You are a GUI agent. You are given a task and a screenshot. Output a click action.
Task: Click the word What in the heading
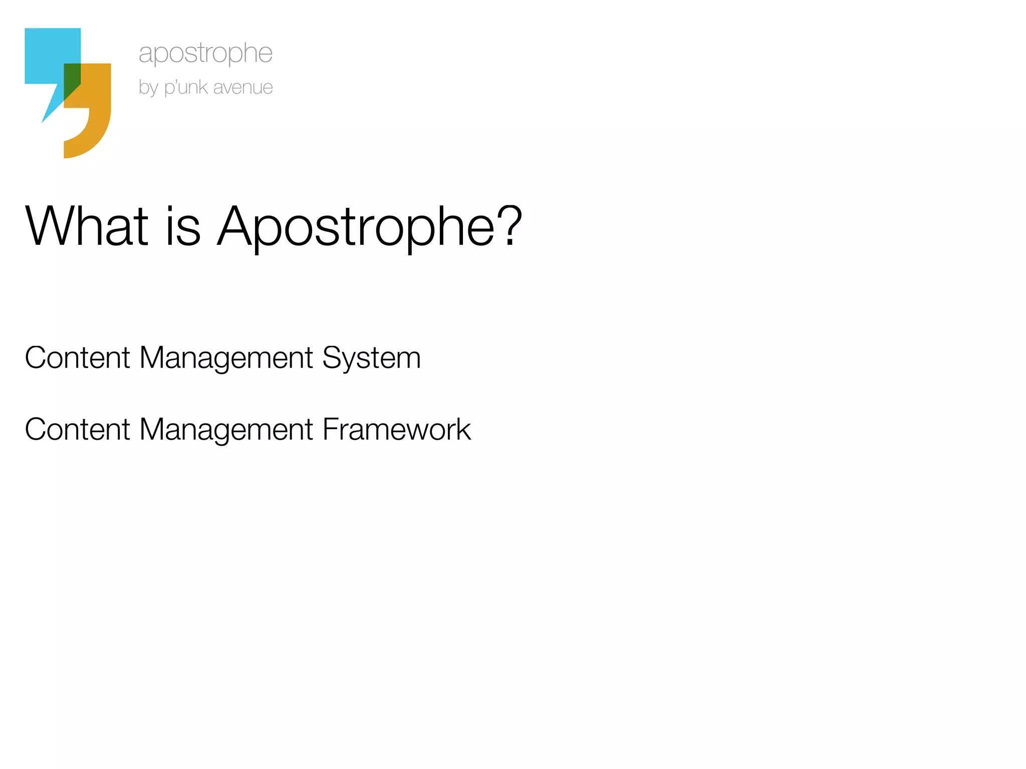(87, 226)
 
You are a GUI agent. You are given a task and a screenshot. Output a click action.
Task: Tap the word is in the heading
(183, 226)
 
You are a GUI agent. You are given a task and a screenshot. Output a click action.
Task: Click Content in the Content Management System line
(78, 358)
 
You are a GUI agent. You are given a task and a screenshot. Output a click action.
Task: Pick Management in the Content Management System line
(226, 358)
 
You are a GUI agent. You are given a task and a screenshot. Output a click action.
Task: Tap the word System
(371, 358)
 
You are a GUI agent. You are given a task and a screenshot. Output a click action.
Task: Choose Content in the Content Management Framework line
(78, 430)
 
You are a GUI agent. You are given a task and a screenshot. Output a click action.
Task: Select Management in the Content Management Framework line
(226, 430)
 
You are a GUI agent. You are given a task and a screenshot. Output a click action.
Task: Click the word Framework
(396, 430)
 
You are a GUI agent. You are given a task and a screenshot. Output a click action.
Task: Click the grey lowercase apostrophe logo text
(205, 53)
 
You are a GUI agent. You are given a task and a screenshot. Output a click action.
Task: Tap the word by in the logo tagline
(148, 88)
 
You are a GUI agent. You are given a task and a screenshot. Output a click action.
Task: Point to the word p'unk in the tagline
(186, 88)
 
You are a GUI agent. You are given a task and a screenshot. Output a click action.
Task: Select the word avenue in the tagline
(243, 88)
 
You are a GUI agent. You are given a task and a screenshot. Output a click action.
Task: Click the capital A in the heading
(235, 226)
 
